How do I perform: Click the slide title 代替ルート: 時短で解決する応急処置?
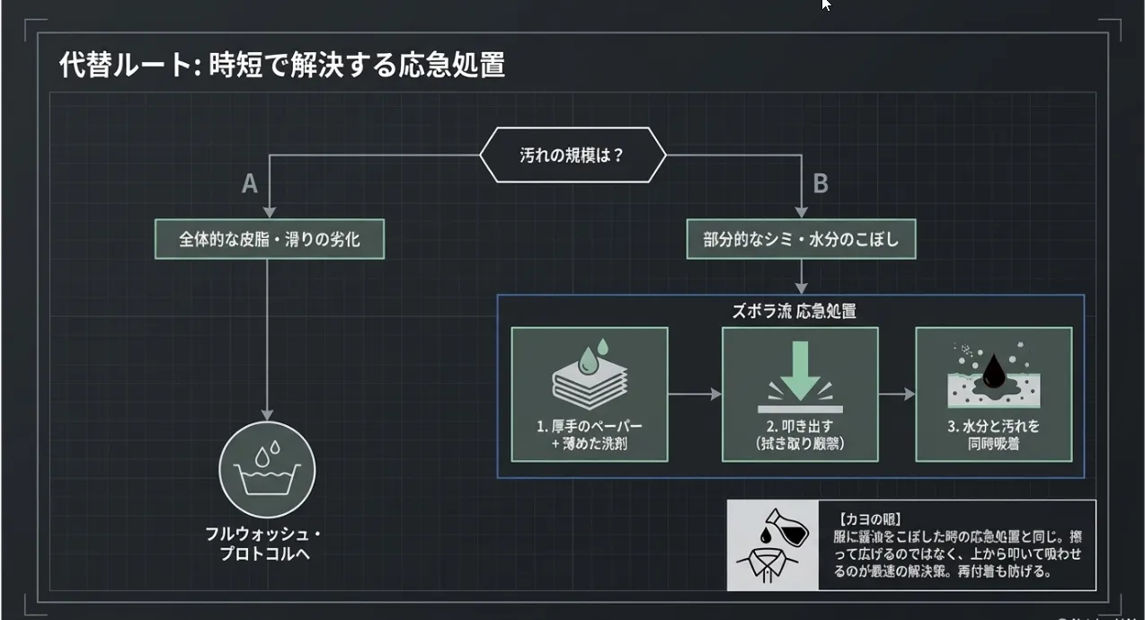pyautogui.click(x=281, y=66)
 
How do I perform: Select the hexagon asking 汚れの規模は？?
pyautogui.click(x=572, y=155)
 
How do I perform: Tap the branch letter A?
pyautogui.click(x=250, y=184)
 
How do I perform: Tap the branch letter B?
pyautogui.click(x=820, y=184)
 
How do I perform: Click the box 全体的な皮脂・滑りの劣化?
pyautogui.click(x=270, y=240)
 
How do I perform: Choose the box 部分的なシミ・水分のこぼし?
pyautogui.click(x=801, y=240)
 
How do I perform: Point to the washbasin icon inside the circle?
pyautogui.click(x=267, y=469)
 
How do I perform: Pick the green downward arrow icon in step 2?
pyautogui.click(x=799, y=375)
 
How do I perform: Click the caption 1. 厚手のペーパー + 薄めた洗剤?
pyautogui.click(x=590, y=434)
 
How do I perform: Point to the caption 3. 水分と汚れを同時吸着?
pyautogui.click(x=993, y=434)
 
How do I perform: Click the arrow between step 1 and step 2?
pyautogui.click(x=695, y=394)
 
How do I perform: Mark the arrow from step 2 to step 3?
pyautogui.click(x=896, y=394)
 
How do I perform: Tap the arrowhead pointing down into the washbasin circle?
pyautogui.click(x=267, y=412)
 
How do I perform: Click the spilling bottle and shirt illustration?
pyautogui.click(x=772, y=545)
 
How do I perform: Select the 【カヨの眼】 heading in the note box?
pyautogui.click(x=868, y=519)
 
